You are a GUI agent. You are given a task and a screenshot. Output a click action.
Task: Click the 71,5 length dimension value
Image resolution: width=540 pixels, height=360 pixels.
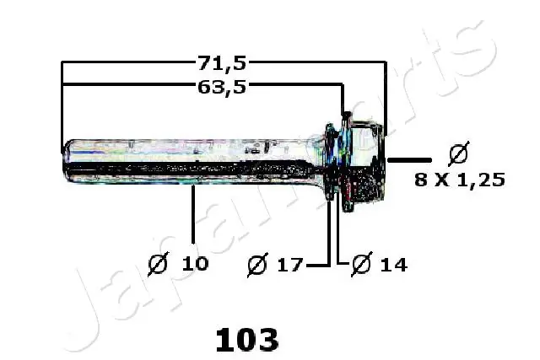pos(222,62)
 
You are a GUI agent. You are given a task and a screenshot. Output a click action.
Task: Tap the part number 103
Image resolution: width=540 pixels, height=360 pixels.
pos(246,340)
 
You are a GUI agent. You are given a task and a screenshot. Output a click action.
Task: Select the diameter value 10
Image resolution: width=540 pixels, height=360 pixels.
pos(195,264)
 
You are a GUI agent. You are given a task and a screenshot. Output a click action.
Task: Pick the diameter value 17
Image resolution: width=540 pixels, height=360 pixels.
pos(288,265)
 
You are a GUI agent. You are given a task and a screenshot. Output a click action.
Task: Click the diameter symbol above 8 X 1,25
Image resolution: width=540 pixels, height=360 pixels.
pos(458,154)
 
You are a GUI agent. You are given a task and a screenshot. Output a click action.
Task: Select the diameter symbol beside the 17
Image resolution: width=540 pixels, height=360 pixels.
pos(257,265)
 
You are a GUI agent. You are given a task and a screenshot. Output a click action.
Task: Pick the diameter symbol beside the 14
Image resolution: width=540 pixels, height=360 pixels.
pos(360,265)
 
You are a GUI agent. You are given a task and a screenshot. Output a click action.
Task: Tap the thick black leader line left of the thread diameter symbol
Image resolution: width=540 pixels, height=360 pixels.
pos(409,159)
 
